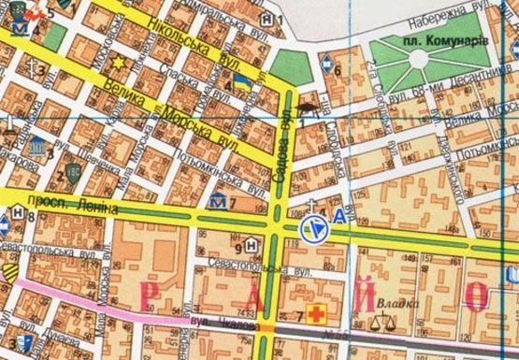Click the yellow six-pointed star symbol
pyautogui.click(x=119, y=64)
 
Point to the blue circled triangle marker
pyautogui.click(x=313, y=227)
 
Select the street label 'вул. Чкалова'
pyautogui.click(x=213, y=321)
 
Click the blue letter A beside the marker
pyautogui.click(x=338, y=221)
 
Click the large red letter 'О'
pyautogui.click(x=477, y=297)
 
